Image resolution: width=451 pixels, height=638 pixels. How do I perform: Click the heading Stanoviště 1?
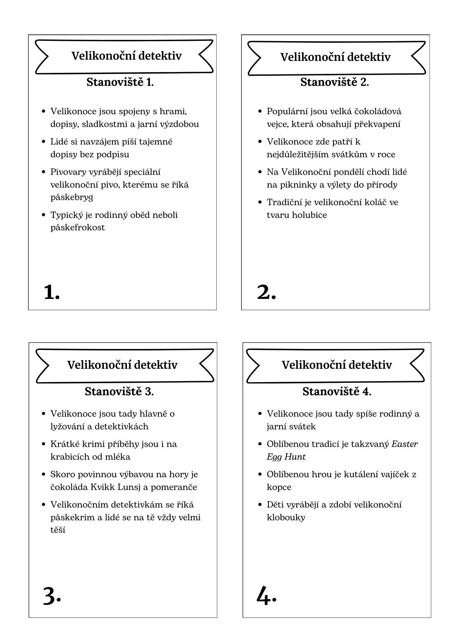[x=120, y=82]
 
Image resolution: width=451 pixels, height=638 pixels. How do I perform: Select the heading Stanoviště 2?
[x=335, y=82]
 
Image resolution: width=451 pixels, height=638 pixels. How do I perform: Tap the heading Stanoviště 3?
[x=119, y=391]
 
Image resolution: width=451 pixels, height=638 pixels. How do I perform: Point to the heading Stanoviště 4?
[x=337, y=391]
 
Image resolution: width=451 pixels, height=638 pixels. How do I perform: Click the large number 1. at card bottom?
[x=52, y=292]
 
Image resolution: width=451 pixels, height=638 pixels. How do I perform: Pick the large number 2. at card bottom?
[x=266, y=292]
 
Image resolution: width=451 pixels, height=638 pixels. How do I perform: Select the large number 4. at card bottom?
[x=266, y=595]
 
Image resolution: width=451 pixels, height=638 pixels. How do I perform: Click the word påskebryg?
[x=72, y=197]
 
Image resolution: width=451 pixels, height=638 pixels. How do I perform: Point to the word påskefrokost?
[x=78, y=228]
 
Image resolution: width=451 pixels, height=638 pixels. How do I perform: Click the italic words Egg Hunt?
[x=286, y=457]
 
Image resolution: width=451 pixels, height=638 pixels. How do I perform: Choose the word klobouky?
[x=286, y=517]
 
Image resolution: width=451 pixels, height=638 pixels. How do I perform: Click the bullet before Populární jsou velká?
[x=260, y=111]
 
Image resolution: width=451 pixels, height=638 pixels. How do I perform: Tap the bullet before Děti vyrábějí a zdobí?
[x=260, y=504]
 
